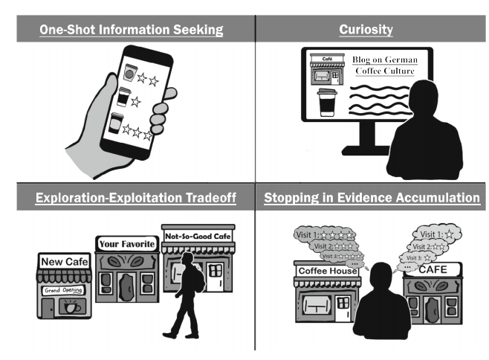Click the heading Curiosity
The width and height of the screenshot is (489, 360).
(x=366, y=30)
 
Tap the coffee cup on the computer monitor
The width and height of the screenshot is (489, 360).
(x=326, y=103)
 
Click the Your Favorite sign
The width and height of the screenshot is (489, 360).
(x=127, y=244)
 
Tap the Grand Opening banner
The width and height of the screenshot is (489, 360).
(x=63, y=290)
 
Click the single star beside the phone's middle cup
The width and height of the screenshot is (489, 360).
(x=136, y=102)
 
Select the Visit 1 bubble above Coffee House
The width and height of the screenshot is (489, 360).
(x=326, y=236)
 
